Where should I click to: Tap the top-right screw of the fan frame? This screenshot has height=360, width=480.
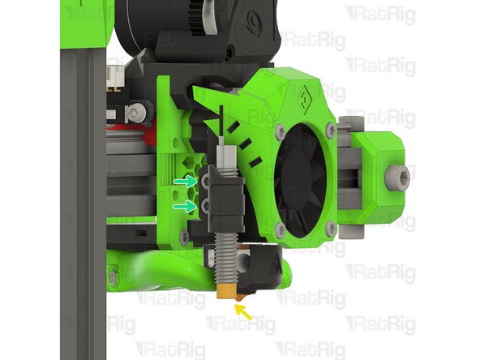[331, 130]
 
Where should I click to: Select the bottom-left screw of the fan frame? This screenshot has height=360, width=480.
[281, 230]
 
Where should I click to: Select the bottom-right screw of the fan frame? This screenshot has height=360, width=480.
[331, 230]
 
